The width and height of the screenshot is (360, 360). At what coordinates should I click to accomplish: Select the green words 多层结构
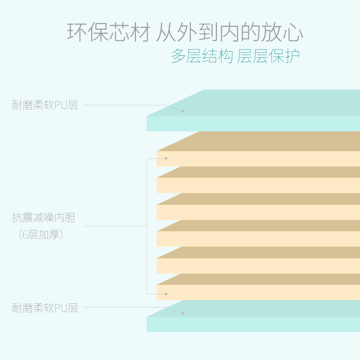coord(202,56)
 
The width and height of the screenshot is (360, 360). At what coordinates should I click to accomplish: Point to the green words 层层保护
coord(268,56)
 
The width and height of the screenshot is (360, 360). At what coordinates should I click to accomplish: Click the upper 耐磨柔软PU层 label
coord(45,105)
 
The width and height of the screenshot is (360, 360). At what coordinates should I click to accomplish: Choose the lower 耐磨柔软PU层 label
coord(45,308)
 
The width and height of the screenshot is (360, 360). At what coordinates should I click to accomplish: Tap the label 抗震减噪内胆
coord(44,218)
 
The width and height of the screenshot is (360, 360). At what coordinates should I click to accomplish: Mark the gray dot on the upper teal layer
coord(183,111)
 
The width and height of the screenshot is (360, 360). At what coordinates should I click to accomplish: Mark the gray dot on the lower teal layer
coord(183,313)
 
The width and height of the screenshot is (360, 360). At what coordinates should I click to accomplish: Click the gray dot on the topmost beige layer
coord(166,158)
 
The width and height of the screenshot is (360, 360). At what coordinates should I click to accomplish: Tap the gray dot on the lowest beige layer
coord(166,294)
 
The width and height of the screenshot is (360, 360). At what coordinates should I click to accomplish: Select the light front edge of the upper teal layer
coord(252,124)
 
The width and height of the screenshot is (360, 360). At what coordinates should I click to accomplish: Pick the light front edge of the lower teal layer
coord(252,324)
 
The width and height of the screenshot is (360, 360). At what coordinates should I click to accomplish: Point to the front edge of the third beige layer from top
coord(256,212)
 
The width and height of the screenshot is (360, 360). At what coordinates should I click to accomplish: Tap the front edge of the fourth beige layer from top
coord(256,239)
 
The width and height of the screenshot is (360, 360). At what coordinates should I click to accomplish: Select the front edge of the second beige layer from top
coord(256,185)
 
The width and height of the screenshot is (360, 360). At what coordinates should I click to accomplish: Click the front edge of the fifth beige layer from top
coord(256,266)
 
